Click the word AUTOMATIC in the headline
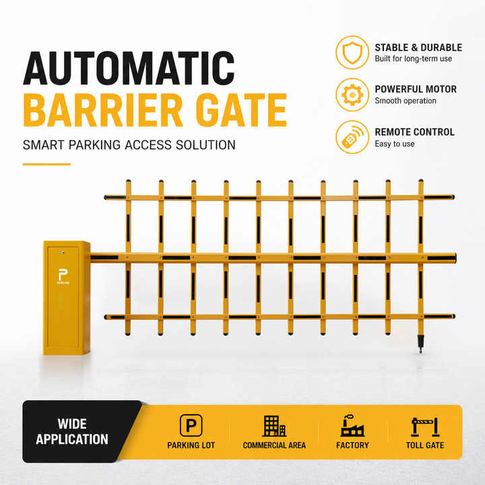pos(129,68)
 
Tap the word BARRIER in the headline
pos(103,110)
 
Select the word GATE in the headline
pos(242,110)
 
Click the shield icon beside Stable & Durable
pos(352,53)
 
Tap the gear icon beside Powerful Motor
pos(352,95)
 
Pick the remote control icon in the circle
pos(352,137)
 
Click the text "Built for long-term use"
pos(413,59)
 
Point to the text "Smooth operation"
pos(406,101)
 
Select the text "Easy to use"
pos(395,144)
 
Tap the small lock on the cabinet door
pos(63,253)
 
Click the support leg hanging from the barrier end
pos(420,344)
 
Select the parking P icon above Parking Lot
pos(191,425)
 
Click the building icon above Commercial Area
pos(274,426)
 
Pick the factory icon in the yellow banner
pos(352,426)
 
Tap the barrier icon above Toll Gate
pos(425,427)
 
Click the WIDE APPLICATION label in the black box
pos(72,432)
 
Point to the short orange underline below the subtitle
pos(46,164)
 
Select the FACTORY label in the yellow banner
pos(352,445)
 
